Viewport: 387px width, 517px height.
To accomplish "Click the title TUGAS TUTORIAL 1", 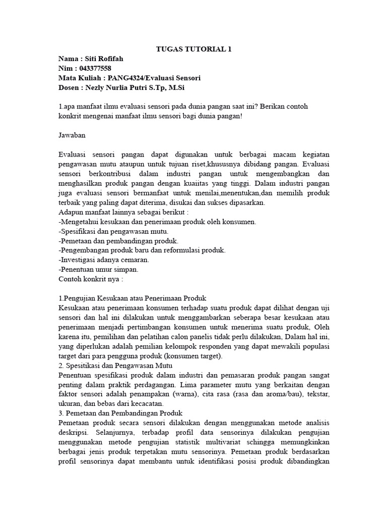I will (x=193, y=49).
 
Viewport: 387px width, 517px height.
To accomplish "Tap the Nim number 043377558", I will (x=94, y=69).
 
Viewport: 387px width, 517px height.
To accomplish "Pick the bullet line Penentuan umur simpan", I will (x=99, y=270).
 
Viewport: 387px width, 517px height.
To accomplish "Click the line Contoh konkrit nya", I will (x=91, y=279).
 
